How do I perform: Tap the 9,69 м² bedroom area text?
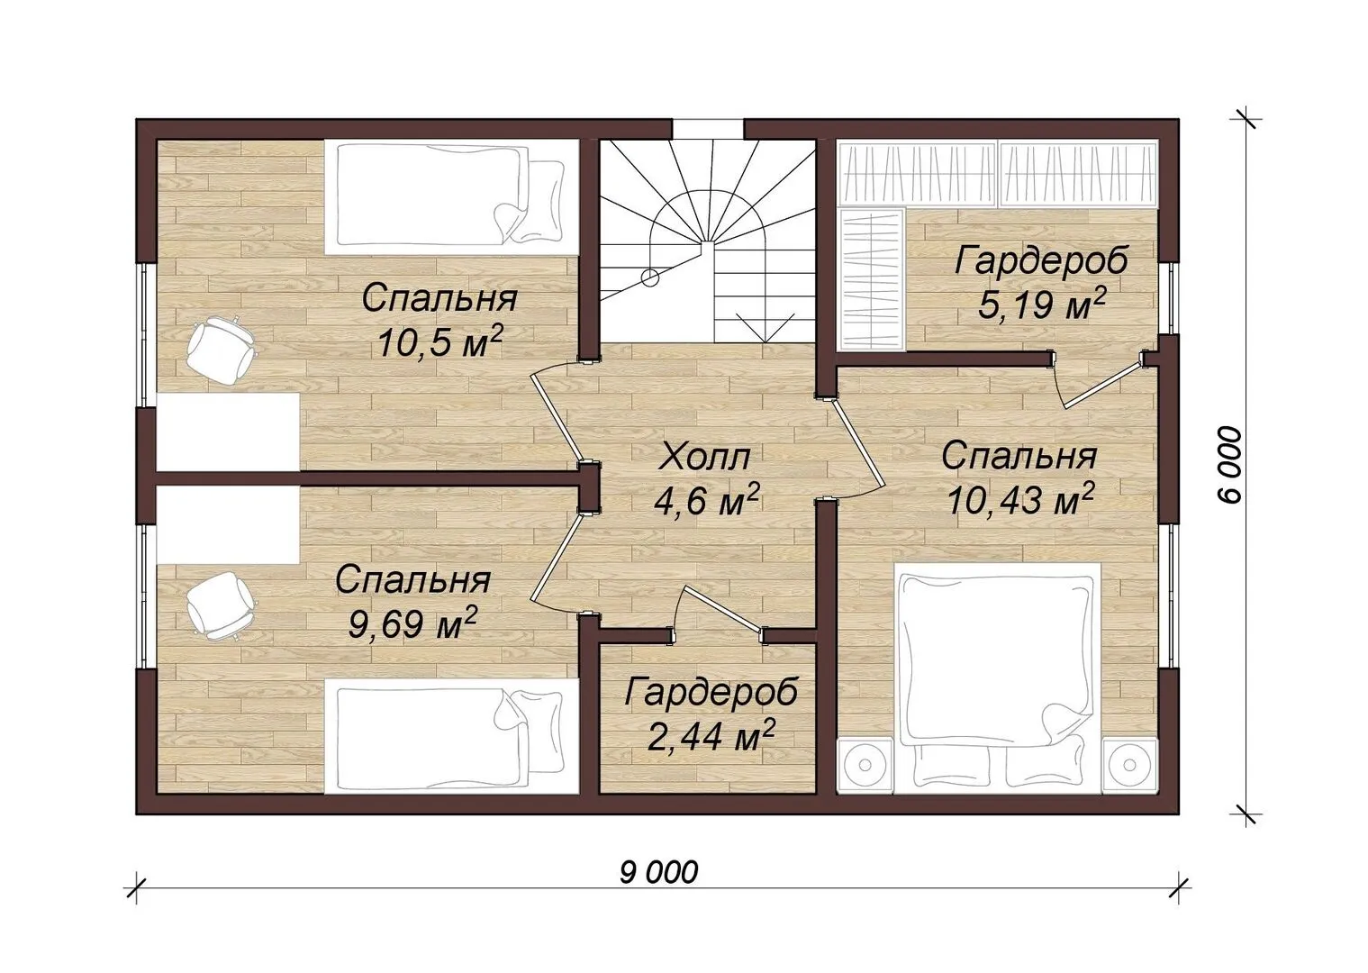[412, 623]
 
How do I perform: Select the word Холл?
[705, 458]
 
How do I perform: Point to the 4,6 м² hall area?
[707, 501]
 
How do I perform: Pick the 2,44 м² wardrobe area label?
[711, 737]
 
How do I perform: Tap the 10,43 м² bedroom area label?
[1019, 501]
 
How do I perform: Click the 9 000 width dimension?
[658, 873]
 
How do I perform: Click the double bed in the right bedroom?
[998, 678]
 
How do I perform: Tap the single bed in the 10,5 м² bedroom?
[451, 197]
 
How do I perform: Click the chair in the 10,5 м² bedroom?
[221, 350]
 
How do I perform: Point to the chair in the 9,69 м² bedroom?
[221, 605]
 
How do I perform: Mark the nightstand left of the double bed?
[865, 765]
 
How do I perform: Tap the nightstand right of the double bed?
[1130, 765]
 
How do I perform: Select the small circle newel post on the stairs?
[650, 278]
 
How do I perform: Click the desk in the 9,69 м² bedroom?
[228, 524]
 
